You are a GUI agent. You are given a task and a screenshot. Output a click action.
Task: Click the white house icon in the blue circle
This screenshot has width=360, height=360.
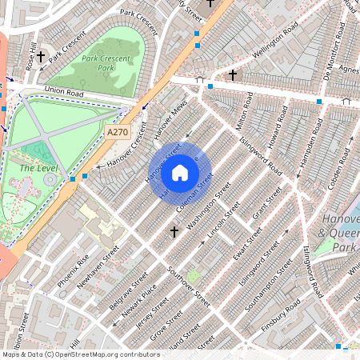click(180, 172)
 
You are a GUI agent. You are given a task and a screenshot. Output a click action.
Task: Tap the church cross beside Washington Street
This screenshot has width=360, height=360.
click(174, 232)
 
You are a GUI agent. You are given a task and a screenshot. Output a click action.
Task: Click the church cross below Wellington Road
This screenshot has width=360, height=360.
click(233, 74)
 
